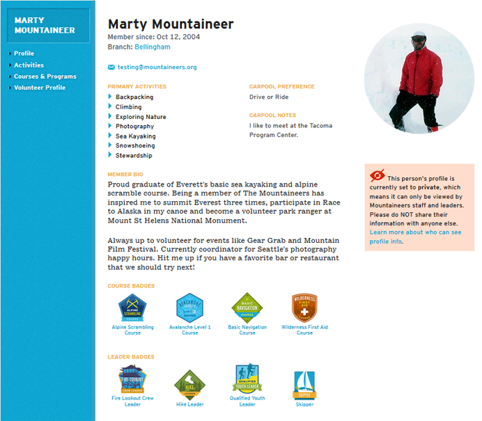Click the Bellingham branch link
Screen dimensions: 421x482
click(x=152, y=47)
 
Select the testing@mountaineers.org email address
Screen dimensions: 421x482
click(x=157, y=67)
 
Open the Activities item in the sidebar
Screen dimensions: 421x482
click(x=29, y=65)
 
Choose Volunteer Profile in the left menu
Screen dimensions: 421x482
click(x=40, y=88)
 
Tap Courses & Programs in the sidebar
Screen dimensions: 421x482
click(x=45, y=77)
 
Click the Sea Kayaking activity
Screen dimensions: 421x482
click(x=135, y=136)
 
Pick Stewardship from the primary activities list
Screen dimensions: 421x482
click(x=134, y=156)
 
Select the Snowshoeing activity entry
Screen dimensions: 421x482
click(x=135, y=146)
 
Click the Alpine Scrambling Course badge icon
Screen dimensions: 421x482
click(x=132, y=307)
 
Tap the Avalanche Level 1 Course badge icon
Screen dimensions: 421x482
click(x=189, y=307)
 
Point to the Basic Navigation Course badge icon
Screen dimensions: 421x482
click(x=247, y=307)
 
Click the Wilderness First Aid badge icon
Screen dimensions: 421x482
click(x=304, y=307)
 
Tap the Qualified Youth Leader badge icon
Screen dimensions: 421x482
click(x=247, y=380)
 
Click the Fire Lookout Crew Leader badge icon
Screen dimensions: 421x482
click(x=132, y=380)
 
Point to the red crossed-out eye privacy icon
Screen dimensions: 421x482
click(x=378, y=175)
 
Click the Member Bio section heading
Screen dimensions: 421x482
click(x=125, y=174)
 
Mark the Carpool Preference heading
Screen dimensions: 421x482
click(x=281, y=87)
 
